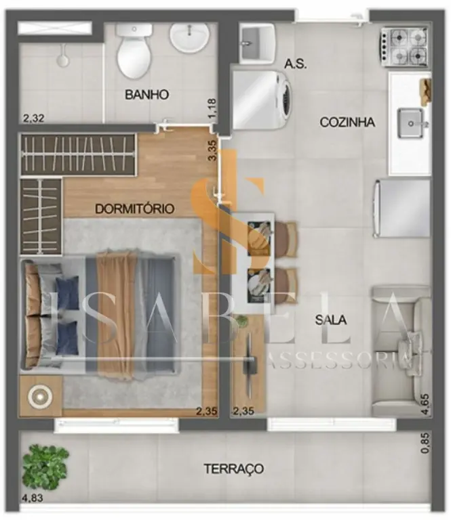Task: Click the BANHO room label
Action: pyautogui.click(x=146, y=95)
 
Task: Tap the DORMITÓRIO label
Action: pyautogui.click(x=134, y=209)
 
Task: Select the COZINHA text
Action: pyautogui.click(x=347, y=122)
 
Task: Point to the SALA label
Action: pyautogui.click(x=331, y=320)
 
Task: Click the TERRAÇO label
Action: pyautogui.click(x=234, y=469)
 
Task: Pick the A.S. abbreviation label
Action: pyautogui.click(x=295, y=64)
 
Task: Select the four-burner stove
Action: pyautogui.click(x=404, y=47)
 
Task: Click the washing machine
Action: pyautogui.click(x=262, y=100)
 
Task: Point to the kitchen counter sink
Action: pyautogui.click(x=411, y=123)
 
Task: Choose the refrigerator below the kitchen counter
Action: pyautogui.click(x=402, y=209)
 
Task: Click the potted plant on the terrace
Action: pyautogui.click(x=45, y=468)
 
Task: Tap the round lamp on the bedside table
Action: pyautogui.click(x=40, y=396)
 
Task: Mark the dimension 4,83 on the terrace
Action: pyautogui.click(x=33, y=498)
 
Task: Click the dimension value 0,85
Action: pyautogui.click(x=425, y=443)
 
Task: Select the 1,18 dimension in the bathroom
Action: pyautogui.click(x=212, y=108)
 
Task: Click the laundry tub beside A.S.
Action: pyautogui.click(x=257, y=43)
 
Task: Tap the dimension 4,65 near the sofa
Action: pyautogui.click(x=425, y=404)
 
